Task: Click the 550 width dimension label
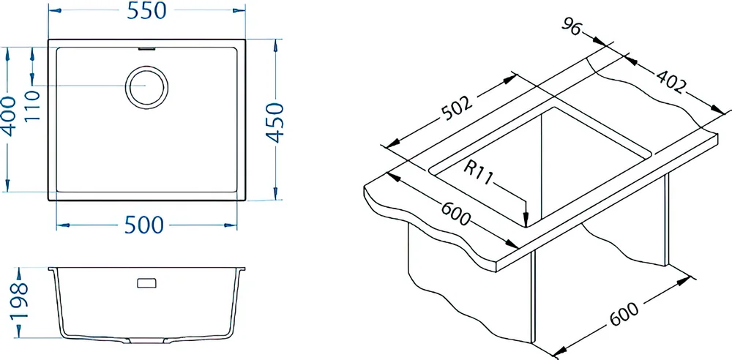(x=146, y=11)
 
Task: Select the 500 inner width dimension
(x=144, y=225)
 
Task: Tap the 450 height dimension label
(x=275, y=123)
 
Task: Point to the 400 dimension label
(x=10, y=116)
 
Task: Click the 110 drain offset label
(x=33, y=105)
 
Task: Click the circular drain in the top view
(x=146, y=87)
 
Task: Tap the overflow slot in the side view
(x=146, y=283)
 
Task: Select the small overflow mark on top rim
(x=146, y=48)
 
